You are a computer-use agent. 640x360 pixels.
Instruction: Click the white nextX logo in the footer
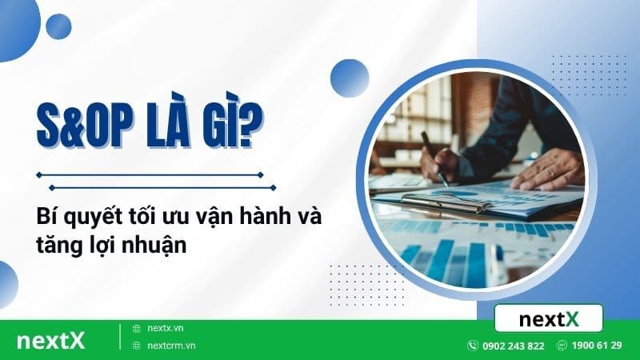(x=50, y=339)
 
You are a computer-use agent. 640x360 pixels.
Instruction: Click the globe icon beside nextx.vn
(x=136, y=328)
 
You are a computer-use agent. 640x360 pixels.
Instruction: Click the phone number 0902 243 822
(x=512, y=346)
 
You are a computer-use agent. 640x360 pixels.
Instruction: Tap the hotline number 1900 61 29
(x=598, y=346)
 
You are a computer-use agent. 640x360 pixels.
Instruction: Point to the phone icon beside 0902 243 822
(x=472, y=346)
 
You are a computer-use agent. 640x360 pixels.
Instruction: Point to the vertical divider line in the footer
(x=120, y=337)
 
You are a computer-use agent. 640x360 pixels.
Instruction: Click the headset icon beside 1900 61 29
(x=563, y=346)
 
